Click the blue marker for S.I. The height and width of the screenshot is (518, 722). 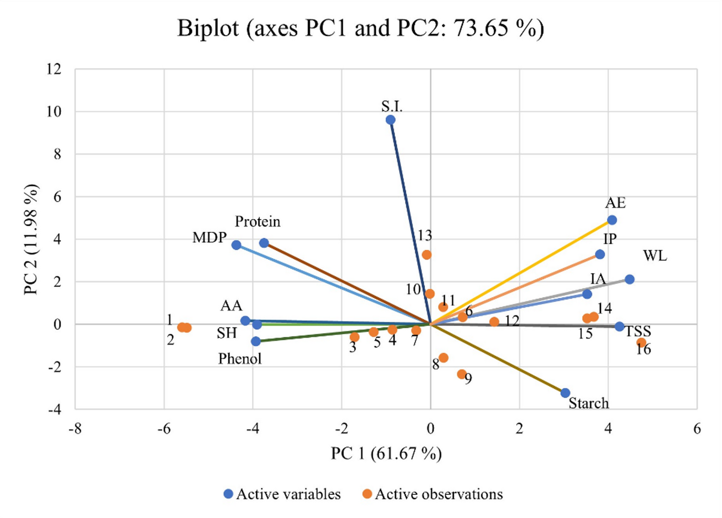(390, 120)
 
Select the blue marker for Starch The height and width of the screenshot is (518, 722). (565, 393)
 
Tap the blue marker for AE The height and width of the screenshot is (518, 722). (611, 220)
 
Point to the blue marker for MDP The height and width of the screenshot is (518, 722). (236, 245)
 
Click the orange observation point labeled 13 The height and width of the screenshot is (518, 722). (426, 255)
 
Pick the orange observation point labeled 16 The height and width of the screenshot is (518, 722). (641, 342)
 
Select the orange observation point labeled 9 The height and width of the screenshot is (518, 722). (462, 374)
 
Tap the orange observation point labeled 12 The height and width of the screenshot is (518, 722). (494, 321)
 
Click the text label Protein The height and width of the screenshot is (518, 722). (258, 222)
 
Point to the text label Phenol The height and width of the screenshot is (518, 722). (239, 359)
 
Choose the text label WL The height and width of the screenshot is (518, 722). (654, 256)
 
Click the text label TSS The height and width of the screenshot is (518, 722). (638, 331)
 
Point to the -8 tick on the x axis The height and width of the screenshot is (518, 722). (75, 429)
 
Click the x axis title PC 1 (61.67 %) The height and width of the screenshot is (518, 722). (386, 454)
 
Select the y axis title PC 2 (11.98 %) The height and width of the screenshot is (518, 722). (31, 239)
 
